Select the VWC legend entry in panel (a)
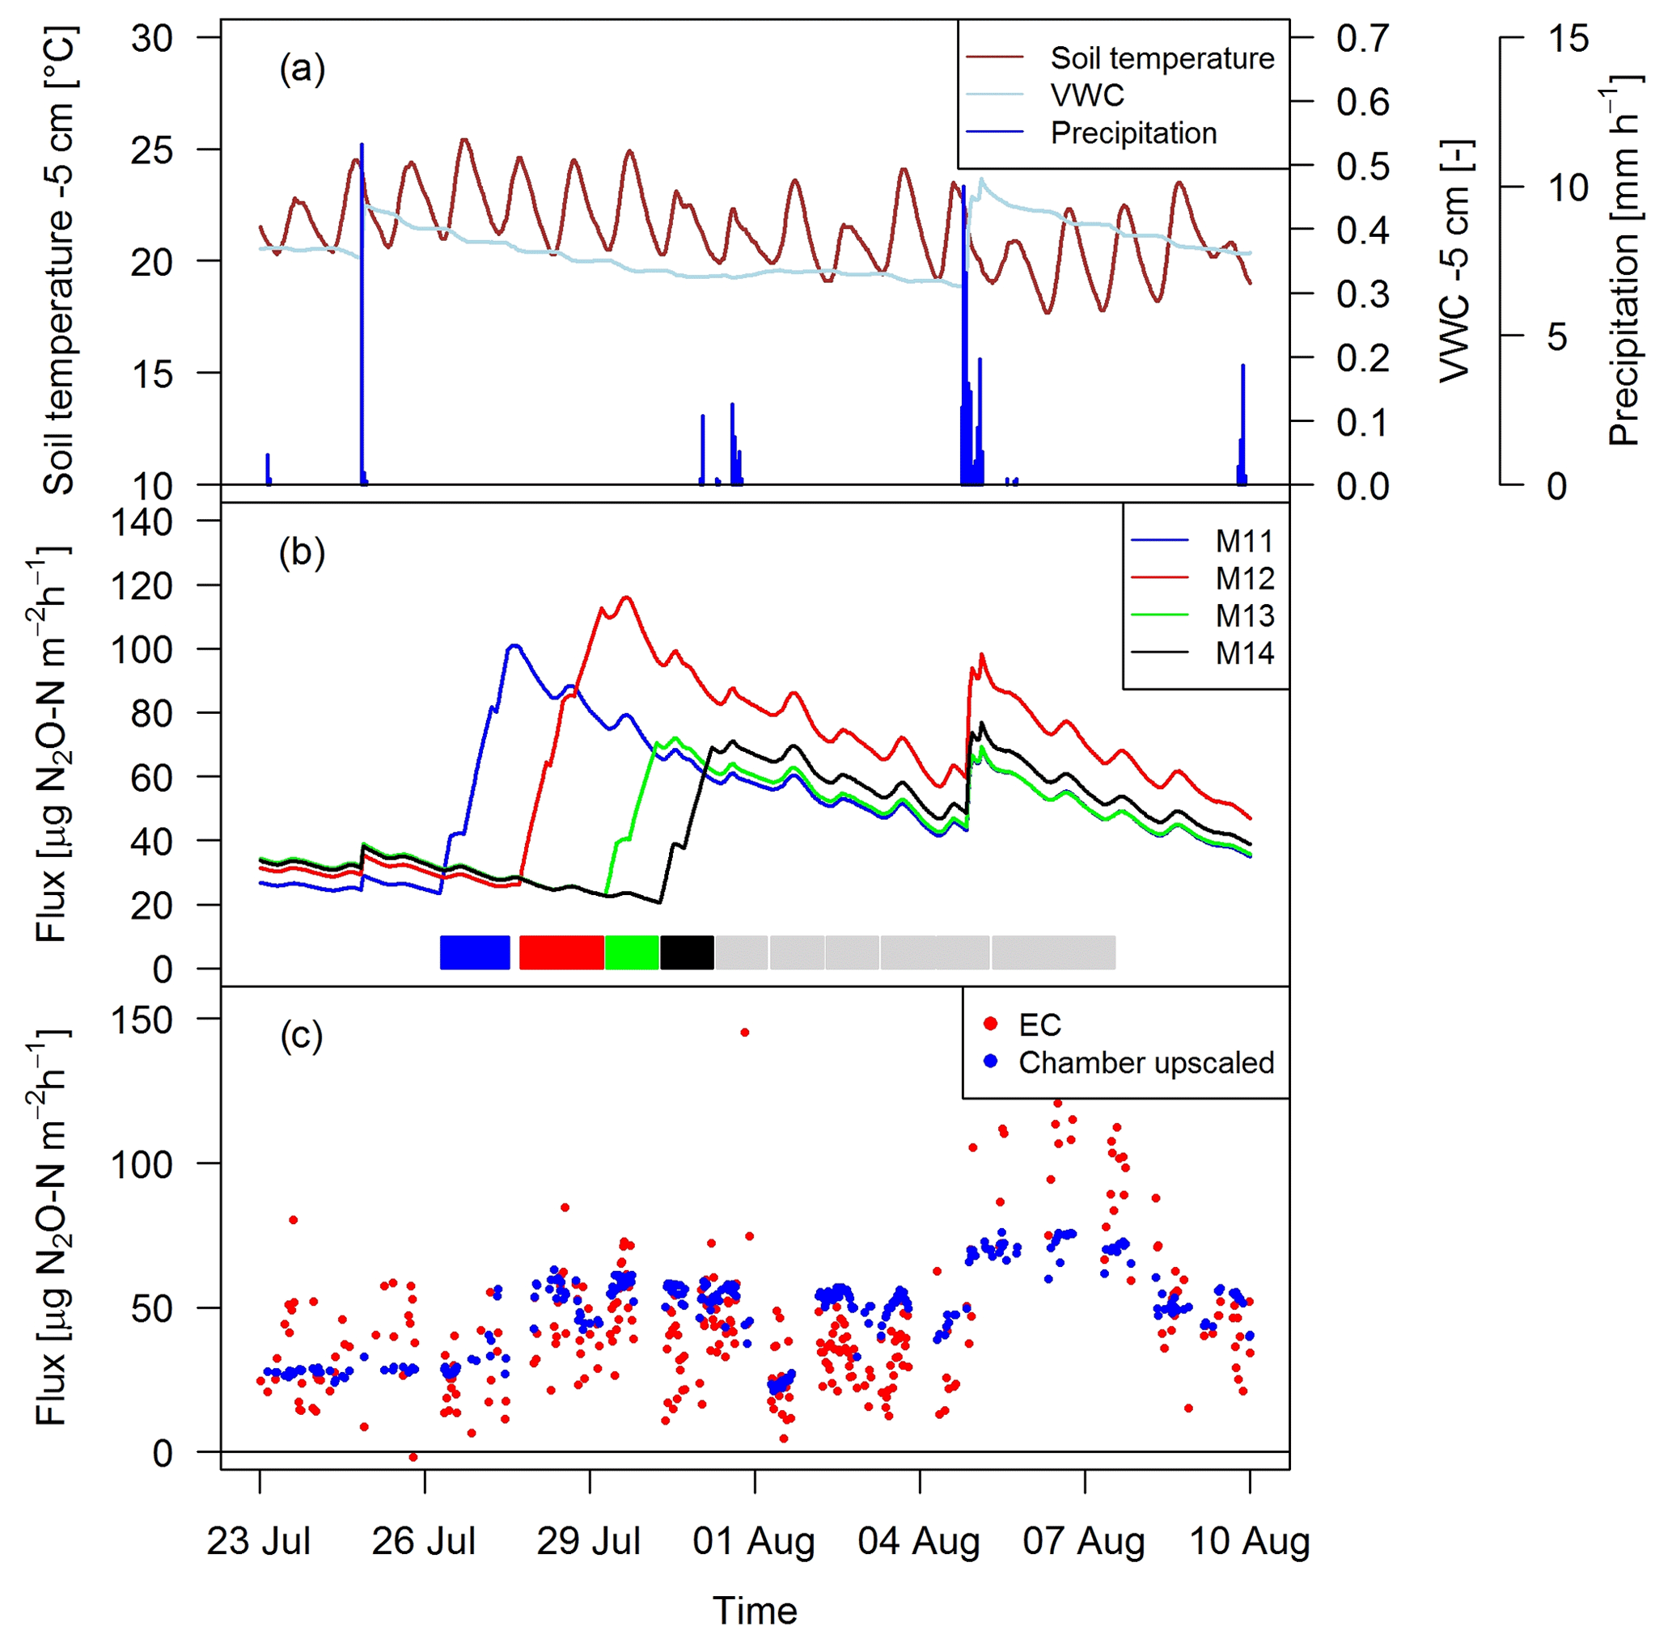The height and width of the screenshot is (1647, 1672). (1087, 95)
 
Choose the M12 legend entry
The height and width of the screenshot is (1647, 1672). (1243, 578)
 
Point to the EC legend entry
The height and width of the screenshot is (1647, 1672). (1039, 1025)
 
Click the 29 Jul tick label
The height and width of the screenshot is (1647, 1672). (589, 1540)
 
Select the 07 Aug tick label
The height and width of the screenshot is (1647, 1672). (1083, 1540)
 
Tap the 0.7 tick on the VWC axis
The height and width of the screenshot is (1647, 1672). (1362, 38)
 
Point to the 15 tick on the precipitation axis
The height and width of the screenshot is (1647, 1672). (1568, 38)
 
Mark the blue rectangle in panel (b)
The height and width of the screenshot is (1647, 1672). (474, 952)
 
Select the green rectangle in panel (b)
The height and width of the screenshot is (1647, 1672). (632, 952)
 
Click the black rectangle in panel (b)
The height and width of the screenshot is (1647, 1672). (686, 952)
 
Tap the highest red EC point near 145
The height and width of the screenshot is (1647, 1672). (744, 1032)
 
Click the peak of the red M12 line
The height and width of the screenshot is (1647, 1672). (627, 597)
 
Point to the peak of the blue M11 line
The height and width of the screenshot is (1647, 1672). (515, 645)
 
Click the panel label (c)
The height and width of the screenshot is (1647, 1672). (301, 1036)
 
